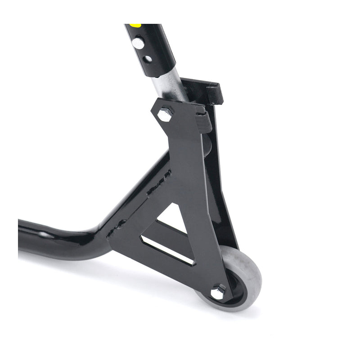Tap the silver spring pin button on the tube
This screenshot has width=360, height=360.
(138, 44)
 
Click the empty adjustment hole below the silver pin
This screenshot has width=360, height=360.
(147, 58)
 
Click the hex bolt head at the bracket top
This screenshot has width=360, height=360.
(166, 113)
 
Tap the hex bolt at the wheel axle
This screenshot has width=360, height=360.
(218, 292)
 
